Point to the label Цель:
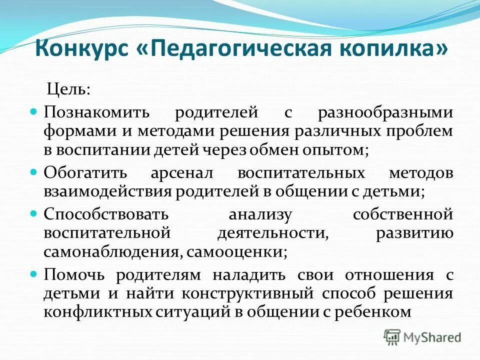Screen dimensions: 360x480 68,90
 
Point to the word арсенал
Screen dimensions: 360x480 182,173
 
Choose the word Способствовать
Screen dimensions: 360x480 105,215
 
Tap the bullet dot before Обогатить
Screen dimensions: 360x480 34,172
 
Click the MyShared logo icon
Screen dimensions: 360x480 392,337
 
